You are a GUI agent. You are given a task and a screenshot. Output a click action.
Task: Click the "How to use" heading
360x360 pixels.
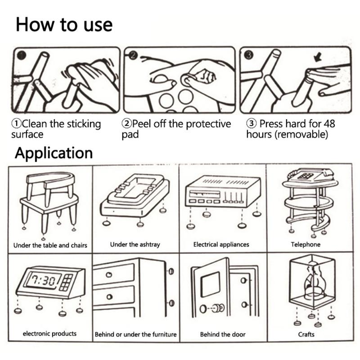(x=64, y=24)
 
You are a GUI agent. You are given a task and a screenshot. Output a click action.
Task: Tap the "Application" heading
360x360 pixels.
(x=54, y=153)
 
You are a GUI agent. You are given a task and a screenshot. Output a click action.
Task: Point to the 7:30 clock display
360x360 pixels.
(x=43, y=280)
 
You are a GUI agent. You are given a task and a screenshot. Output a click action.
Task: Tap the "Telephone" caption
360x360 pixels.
(x=306, y=244)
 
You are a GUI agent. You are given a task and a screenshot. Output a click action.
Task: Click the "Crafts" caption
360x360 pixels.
(x=306, y=334)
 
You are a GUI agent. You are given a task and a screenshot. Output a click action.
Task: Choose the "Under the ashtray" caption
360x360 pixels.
(x=135, y=244)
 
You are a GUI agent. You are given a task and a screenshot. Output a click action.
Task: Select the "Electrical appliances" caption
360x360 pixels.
(x=221, y=244)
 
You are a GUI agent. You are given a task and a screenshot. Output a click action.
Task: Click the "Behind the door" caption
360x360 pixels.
(x=223, y=334)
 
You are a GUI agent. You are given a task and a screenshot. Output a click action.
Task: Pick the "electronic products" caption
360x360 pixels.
(x=49, y=333)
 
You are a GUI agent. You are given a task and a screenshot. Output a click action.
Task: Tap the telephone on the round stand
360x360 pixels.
(x=310, y=175)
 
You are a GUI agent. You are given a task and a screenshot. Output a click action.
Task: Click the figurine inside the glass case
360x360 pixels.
(x=313, y=282)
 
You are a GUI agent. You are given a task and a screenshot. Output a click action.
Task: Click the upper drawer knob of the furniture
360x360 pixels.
(x=109, y=274)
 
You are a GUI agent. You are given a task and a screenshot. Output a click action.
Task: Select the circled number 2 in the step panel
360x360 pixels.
(x=133, y=55)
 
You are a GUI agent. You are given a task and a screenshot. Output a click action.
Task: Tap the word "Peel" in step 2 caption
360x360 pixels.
(x=142, y=124)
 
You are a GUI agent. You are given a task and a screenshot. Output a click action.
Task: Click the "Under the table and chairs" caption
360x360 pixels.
(x=50, y=245)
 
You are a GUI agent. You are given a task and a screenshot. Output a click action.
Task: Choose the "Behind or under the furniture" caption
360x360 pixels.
(x=136, y=334)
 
